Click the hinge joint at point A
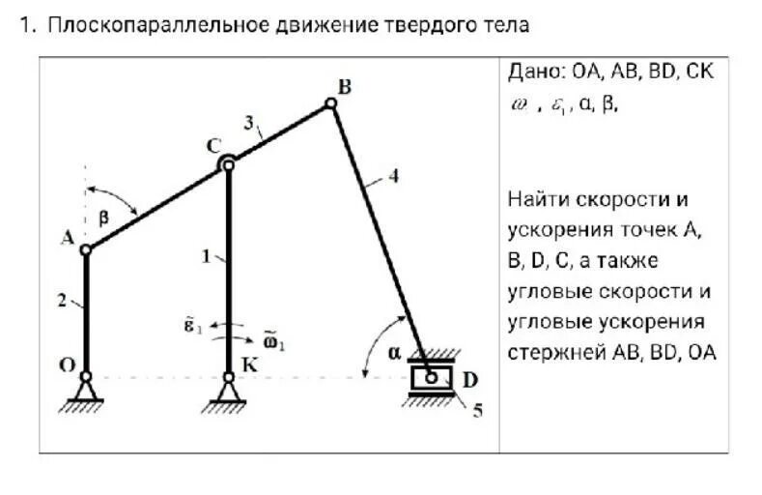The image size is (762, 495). point(85,249)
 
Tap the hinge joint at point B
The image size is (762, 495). point(330,103)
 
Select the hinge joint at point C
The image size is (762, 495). point(228,164)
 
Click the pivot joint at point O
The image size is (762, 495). point(85,376)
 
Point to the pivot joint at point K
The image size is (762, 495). point(228,376)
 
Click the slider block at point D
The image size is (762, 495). point(431,376)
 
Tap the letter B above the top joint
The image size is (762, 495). point(344,88)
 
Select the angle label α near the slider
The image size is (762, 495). point(394,353)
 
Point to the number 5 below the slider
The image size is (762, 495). point(477,410)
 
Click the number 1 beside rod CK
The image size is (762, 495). point(206,256)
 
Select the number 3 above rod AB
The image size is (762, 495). point(249,123)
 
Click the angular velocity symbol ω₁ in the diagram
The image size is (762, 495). point(274,340)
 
